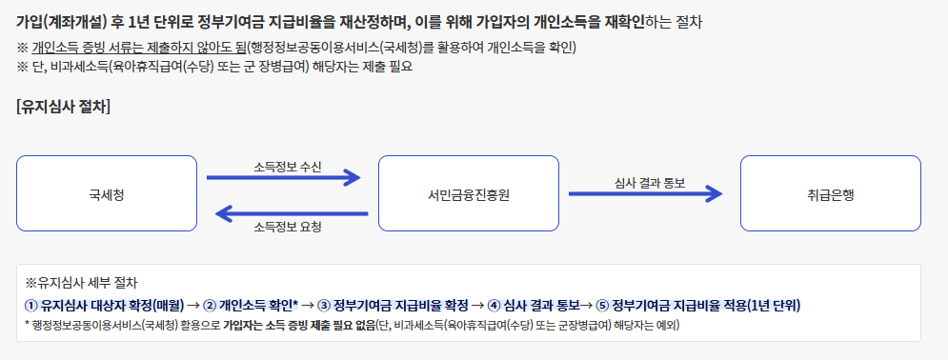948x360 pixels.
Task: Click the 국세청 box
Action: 107,193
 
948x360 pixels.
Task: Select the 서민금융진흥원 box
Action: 468,193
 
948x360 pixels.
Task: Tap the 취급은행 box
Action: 830,193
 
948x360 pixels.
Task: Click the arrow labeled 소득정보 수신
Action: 284,177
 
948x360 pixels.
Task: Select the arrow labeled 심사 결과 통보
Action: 645,193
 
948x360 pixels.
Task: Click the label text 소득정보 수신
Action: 287,166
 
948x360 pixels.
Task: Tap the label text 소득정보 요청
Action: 287,228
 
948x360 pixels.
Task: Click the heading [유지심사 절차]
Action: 63,107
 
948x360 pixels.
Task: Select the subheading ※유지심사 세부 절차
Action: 82,283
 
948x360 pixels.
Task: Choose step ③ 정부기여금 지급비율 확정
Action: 393,305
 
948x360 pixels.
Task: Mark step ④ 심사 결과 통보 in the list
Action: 533,305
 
